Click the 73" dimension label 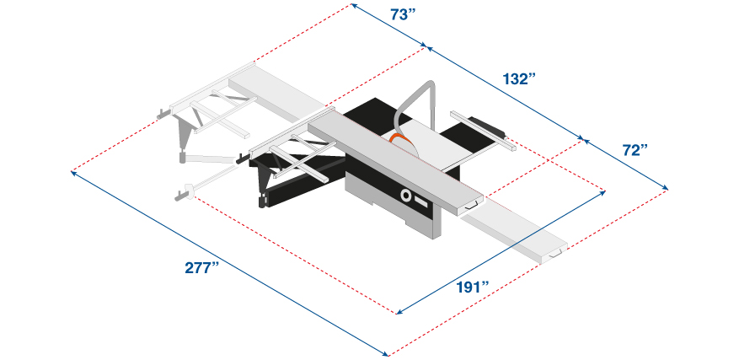pyautogui.click(x=403, y=15)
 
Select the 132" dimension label pyautogui.click(x=519, y=78)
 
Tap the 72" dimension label pyautogui.click(x=635, y=150)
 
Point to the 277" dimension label pyautogui.click(x=202, y=267)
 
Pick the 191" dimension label pyautogui.click(x=472, y=287)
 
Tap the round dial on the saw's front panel pyautogui.click(x=405, y=195)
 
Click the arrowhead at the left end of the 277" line pyautogui.click(x=73, y=173)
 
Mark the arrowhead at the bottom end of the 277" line pyautogui.click(x=385, y=354)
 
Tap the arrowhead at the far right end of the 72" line pyautogui.click(x=665, y=188)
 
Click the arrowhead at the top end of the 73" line pyautogui.click(x=353, y=5)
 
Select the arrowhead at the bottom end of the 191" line pyautogui.click(x=399, y=312)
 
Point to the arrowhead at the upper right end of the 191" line pyautogui.click(x=602, y=192)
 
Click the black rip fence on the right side pyautogui.click(x=485, y=124)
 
